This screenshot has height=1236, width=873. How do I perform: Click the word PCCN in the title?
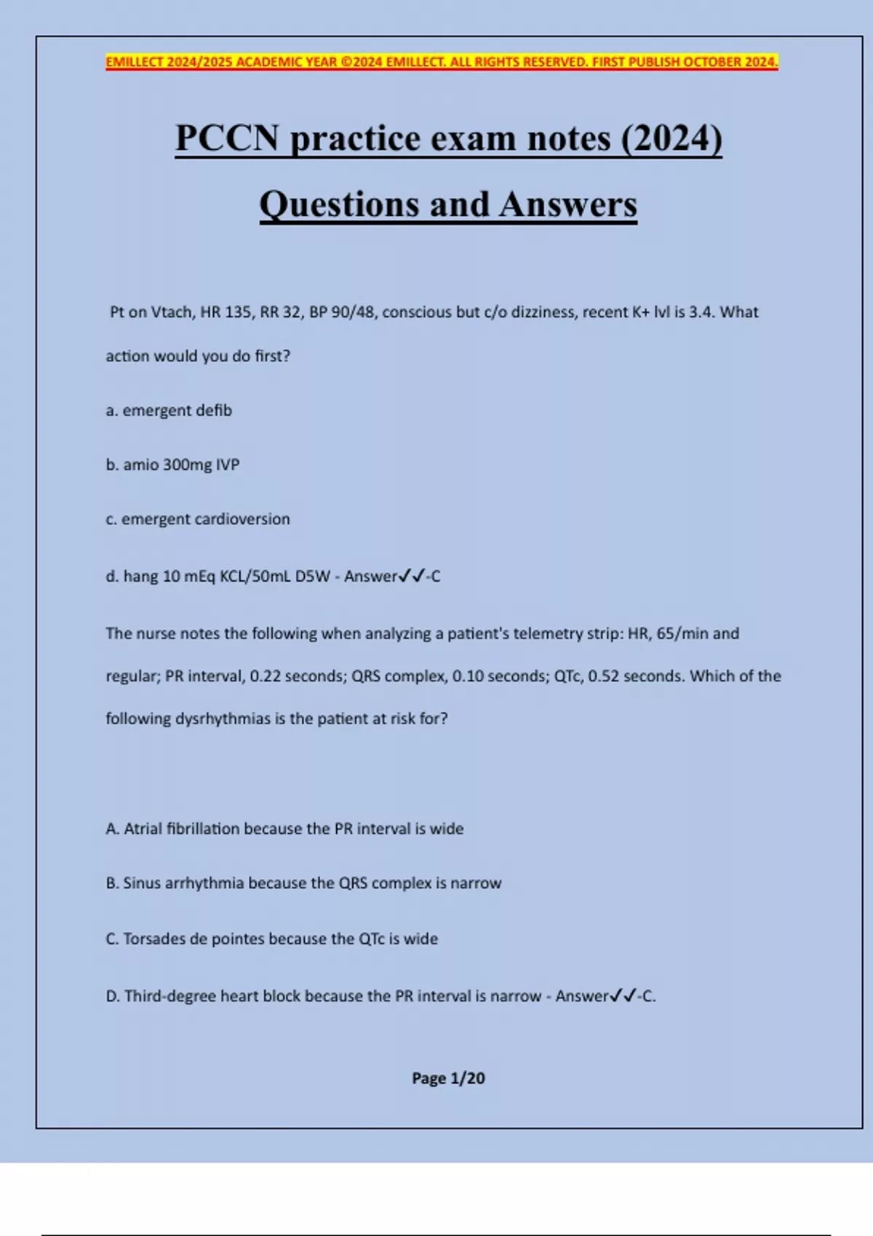227,138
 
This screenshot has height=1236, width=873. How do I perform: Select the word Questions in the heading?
339,204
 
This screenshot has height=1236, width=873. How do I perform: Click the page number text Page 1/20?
448,1078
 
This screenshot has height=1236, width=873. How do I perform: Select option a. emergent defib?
169,411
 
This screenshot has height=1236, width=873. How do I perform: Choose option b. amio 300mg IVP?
172,465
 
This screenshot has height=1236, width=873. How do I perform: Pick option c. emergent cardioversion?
198,519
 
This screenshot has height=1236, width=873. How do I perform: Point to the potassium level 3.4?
702,312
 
